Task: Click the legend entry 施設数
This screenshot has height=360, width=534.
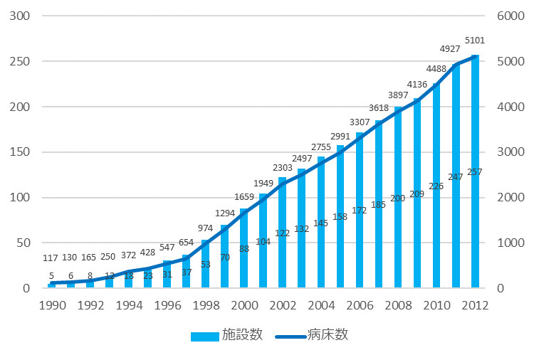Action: tap(227, 335)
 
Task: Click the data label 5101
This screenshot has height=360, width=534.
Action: tap(474, 41)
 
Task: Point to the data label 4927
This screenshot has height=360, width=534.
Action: tap(455, 49)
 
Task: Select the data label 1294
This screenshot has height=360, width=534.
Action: tap(224, 213)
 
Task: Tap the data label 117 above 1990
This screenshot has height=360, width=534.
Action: tap(51, 258)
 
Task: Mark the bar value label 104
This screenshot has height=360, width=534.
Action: tap(263, 242)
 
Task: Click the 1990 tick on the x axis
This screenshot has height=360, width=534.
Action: tap(51, 306)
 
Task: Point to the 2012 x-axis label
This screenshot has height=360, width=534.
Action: tap(475, 306)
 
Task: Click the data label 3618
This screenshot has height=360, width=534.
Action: tap(379, 108)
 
